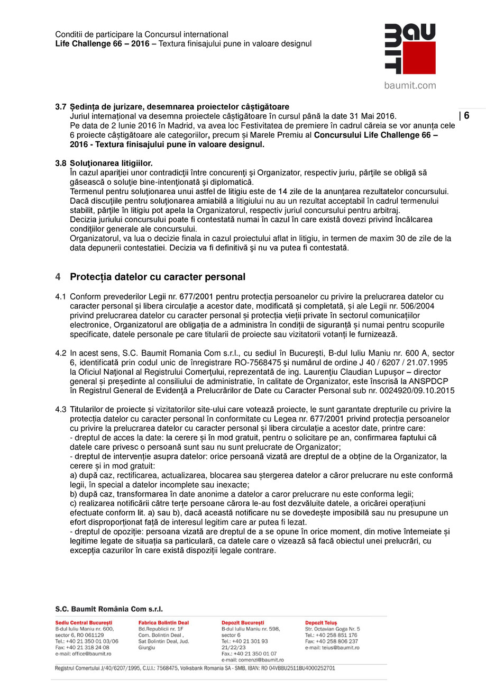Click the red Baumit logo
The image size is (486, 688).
coord(410,49)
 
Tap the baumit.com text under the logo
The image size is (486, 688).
coord(410,85)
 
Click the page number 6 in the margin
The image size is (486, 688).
coord(466,116)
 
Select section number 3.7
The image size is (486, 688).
coord(61,107)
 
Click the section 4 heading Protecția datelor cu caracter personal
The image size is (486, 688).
coord(158,277)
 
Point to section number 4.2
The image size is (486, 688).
coord(61,353)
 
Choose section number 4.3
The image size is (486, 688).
coord(61,410)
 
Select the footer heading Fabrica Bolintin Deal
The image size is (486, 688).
coord(163,623)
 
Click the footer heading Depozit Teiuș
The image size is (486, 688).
coord(321,623)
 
